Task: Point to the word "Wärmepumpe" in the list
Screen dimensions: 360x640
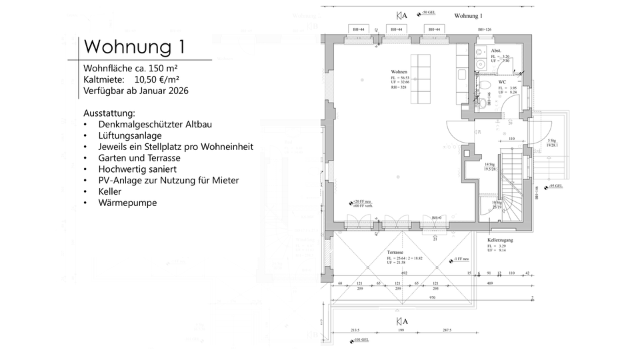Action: coord(127,203)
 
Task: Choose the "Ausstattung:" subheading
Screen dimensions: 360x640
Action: coord(109,113)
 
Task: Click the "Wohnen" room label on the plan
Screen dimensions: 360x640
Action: coord(399,71)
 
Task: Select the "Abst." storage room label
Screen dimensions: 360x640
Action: coord(496,51)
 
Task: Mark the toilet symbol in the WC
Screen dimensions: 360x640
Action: coord(485,85)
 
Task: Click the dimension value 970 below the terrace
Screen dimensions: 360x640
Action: coord(431,299)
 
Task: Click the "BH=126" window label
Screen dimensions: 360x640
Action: coord(484,30)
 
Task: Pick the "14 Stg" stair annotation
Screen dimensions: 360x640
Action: coord(489,164)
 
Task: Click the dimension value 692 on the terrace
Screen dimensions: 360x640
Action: coord(404,273)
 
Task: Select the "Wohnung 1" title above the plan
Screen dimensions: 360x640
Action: coord(468,15)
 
